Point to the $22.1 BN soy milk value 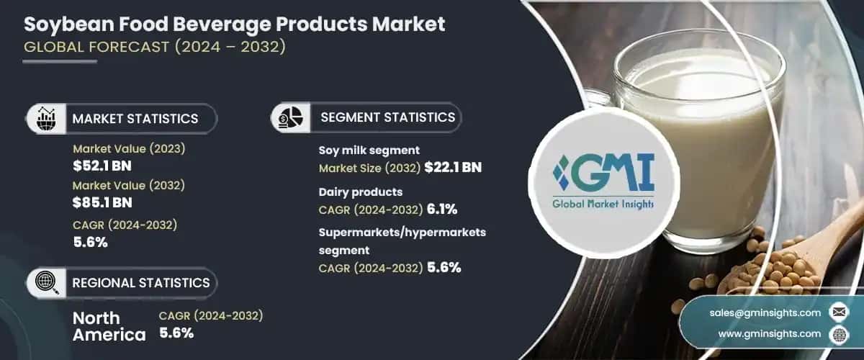coord(453,168)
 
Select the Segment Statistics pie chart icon coord(290,117)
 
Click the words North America coord(109,326)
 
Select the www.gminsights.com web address coord(769,334)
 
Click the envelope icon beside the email coord(838,312)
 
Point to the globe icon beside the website coord(838,334)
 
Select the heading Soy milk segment coord(369,150)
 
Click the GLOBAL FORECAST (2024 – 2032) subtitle coord(155,49)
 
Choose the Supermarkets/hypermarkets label coord(402,233)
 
